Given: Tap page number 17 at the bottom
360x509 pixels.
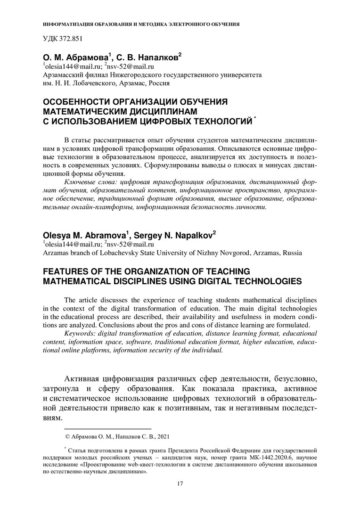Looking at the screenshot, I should (180, 484).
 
